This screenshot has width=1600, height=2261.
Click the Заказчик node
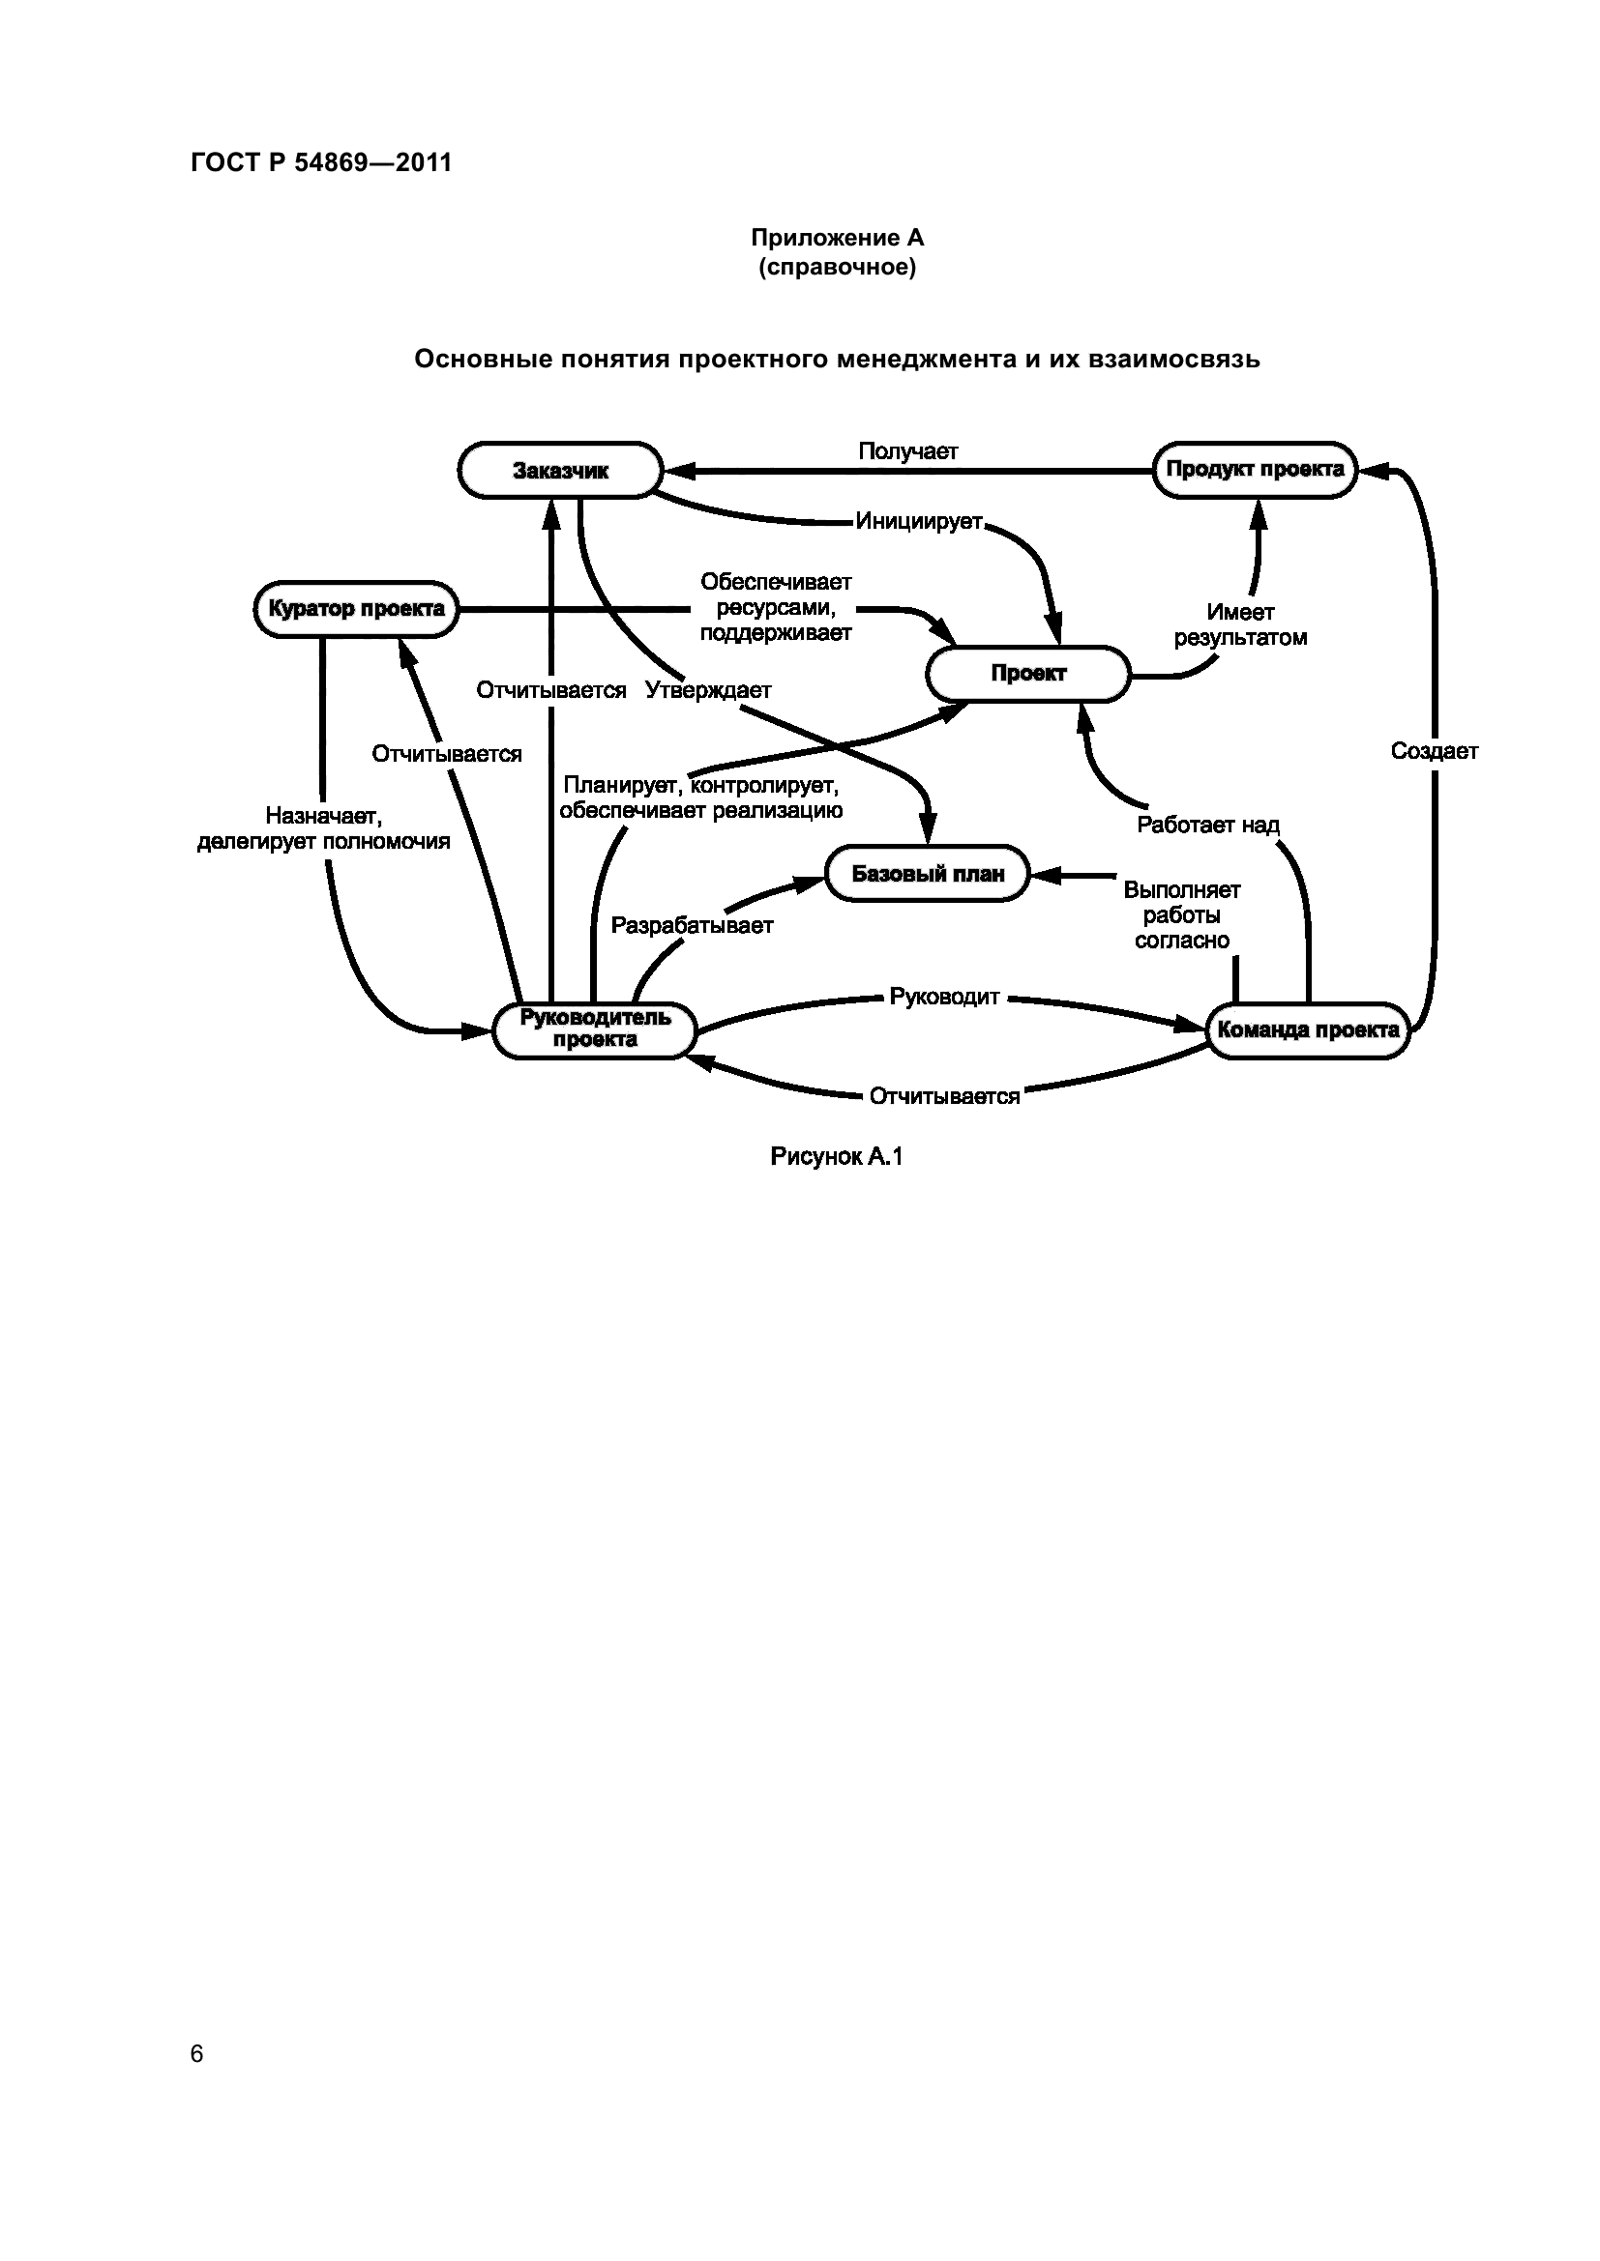click(x=559, y=471)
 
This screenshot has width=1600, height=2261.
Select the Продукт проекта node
click(x=1255, y=470)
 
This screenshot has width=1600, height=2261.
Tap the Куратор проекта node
click(x=356, y=610)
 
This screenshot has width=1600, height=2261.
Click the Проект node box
click(x=1027, y=675)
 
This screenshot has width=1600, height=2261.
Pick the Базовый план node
click(x=927, y=874)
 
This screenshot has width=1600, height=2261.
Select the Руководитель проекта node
click(x=594, y=1030)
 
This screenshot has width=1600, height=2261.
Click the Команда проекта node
click(x=1308, y=1030)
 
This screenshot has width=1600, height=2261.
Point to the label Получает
click(x=907, y=451)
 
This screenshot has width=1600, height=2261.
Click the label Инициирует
click(x=918, y=521)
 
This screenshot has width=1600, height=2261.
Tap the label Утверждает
click(x=707, y=690)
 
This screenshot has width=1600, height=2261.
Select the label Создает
click(x=1434, y=751)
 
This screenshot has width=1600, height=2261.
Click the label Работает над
click(x=1207, y=825)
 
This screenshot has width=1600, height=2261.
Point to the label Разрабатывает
click(x=692, y=926)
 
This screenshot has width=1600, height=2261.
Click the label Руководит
click(x=944, y=997)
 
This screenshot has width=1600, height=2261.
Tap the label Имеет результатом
click(x=1239, y=625)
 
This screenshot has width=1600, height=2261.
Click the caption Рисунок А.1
click(x=837, y=1156)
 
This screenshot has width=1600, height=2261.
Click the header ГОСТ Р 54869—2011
click(x=321, y=162)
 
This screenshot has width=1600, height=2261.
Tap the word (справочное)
click(x=837, y=267)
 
